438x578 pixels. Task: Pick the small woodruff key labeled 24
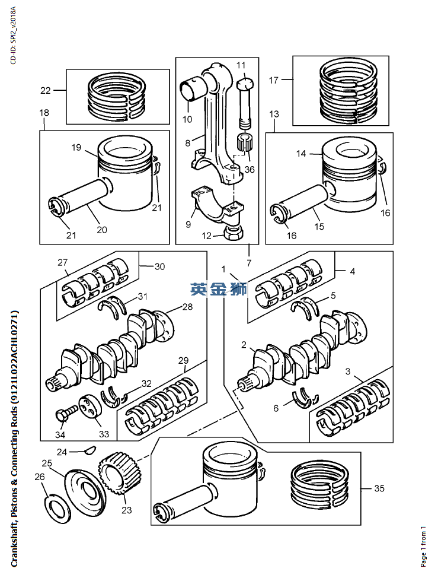pyautogui.click(x=91, y=450)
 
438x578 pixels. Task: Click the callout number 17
pyautogui.click(x=273, y=80)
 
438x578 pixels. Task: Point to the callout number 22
pyautogui.click(x=46, y=90)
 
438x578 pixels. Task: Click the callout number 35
pyautogui.click(x=379, y=488)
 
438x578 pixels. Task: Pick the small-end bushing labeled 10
pyautogui.click(x=191, y=90)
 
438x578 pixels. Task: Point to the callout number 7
pyautogui.click(x=249, y=263)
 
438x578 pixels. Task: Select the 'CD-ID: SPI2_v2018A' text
pyautogui.click(x=13, y=35)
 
